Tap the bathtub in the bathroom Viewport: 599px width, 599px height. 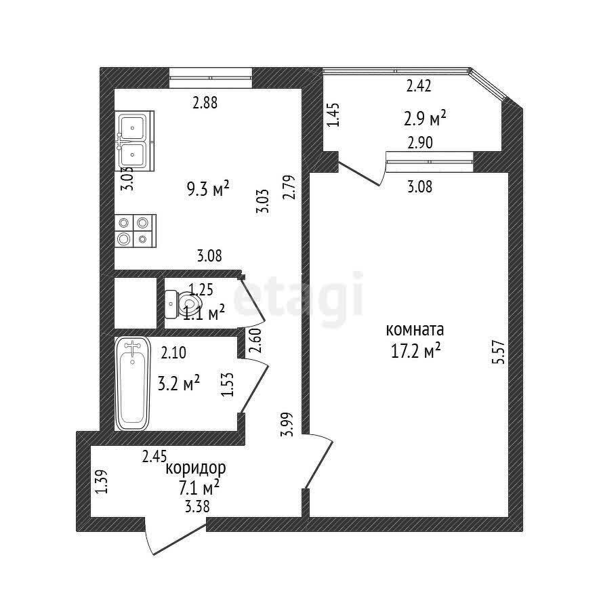[x=132, y=384]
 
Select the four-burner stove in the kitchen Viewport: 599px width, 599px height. [x=136, y=231]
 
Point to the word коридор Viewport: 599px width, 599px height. [x=196, y=468]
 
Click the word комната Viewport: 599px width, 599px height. [x=415, y=329]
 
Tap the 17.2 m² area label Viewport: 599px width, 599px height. [x=415, y=350]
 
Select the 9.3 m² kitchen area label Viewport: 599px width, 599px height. [x=208, y=189]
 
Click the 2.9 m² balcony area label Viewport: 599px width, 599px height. [x=425, y=118]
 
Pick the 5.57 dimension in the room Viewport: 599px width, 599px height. [x=499, y=352]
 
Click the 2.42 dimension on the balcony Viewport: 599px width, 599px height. [x=419, y=85]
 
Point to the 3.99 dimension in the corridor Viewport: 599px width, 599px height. [x=287, y=424]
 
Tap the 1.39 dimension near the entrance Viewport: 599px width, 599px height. [x=101, y=481]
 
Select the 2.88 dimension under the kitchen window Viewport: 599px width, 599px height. [x=205, y=102]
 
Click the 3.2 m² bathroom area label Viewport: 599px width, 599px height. [x=179, y=384]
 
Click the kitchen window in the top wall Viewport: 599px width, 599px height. [x=211, y=78]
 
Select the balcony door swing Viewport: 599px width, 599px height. [x=361, y=172]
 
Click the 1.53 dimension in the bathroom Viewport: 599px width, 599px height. [x=227, y=384]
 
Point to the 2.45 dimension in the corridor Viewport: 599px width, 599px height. [x=154, y=456]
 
